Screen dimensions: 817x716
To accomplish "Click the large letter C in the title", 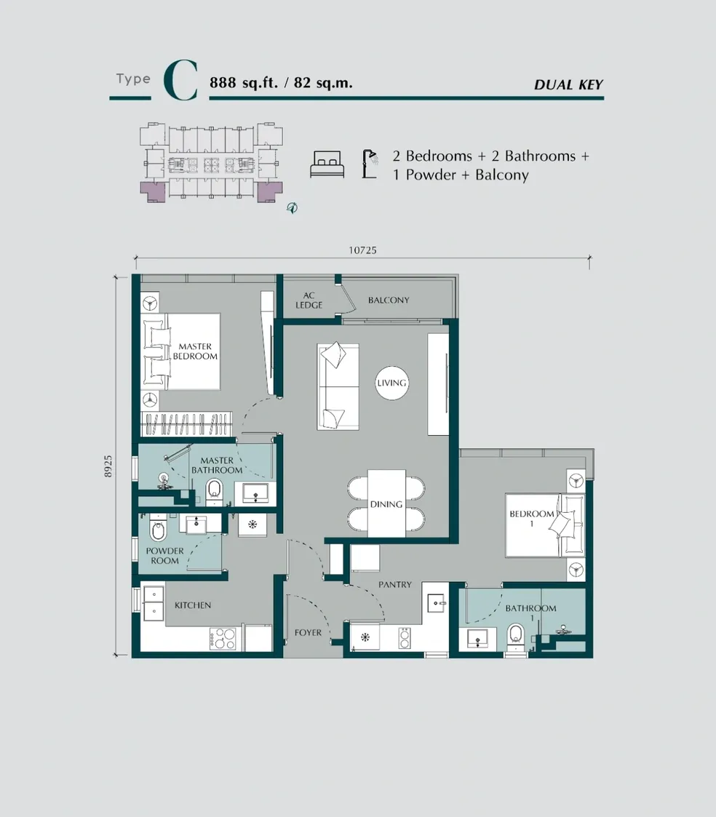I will coord(180,81).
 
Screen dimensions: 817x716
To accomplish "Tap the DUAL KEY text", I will coord(568,85).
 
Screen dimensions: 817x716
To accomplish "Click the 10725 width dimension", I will coord(362,250).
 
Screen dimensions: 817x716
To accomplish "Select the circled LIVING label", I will coord(391,383).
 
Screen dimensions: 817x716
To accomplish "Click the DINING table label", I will coord(386,503).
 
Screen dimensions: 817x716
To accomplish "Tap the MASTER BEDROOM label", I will coord(194,352).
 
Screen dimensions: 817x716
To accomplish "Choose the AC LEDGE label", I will coord(309,300).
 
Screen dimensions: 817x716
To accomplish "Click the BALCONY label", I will coord(388,300).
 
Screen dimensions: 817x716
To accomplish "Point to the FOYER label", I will coord(308,632).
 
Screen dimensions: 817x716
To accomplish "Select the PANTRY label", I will coord(395,584).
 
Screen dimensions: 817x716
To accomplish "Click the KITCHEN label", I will coord(193,605).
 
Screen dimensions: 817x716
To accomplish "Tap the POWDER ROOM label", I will coord(164,556).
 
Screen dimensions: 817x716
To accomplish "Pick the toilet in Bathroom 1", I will coord(516,634).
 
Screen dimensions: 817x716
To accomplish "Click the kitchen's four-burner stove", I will coord(223,639).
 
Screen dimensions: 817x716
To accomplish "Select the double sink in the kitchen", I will coord(154,602).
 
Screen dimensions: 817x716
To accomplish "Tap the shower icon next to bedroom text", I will coord(370,164).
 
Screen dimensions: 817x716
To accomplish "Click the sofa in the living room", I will coord(338,386).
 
